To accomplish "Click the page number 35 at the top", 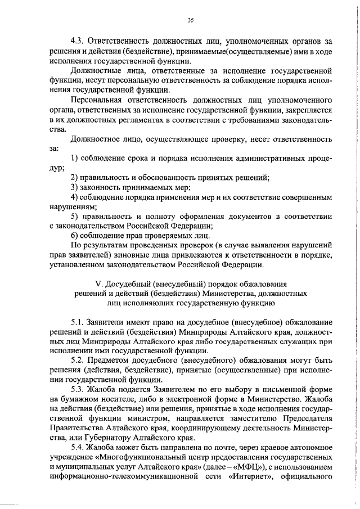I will point(191,21).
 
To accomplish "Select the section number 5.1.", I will point(78,323).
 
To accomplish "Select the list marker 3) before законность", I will point(74,187).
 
